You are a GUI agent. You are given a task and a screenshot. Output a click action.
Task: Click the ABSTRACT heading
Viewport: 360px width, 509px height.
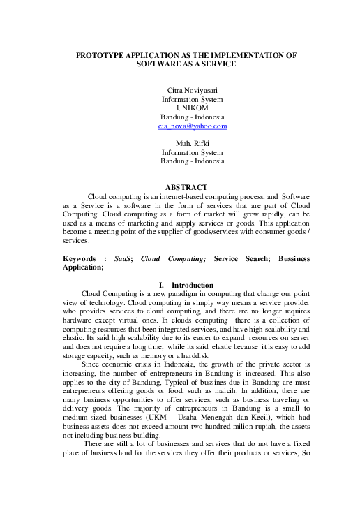(185, 187)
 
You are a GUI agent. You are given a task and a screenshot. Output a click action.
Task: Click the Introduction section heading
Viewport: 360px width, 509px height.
(195, 285)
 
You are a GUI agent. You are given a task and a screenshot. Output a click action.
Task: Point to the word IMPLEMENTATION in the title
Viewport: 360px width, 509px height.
(246, 54)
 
